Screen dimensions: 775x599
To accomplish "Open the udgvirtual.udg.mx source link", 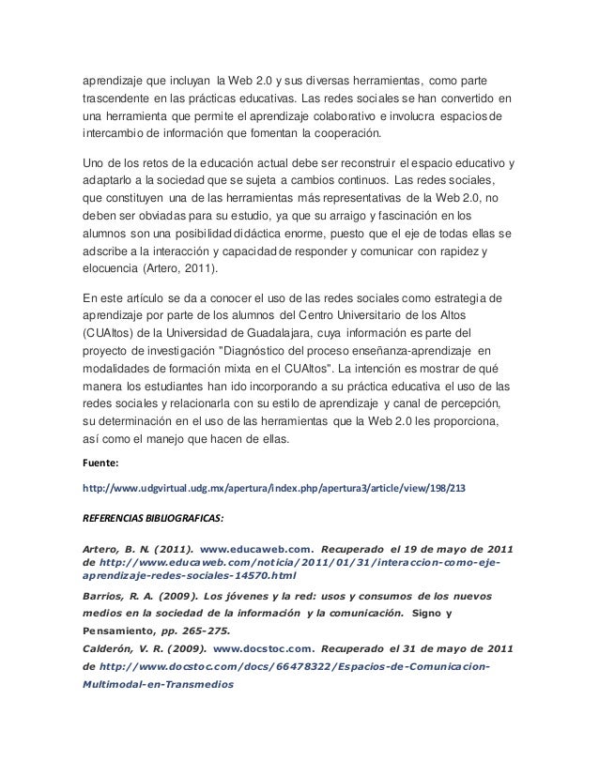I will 274,488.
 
